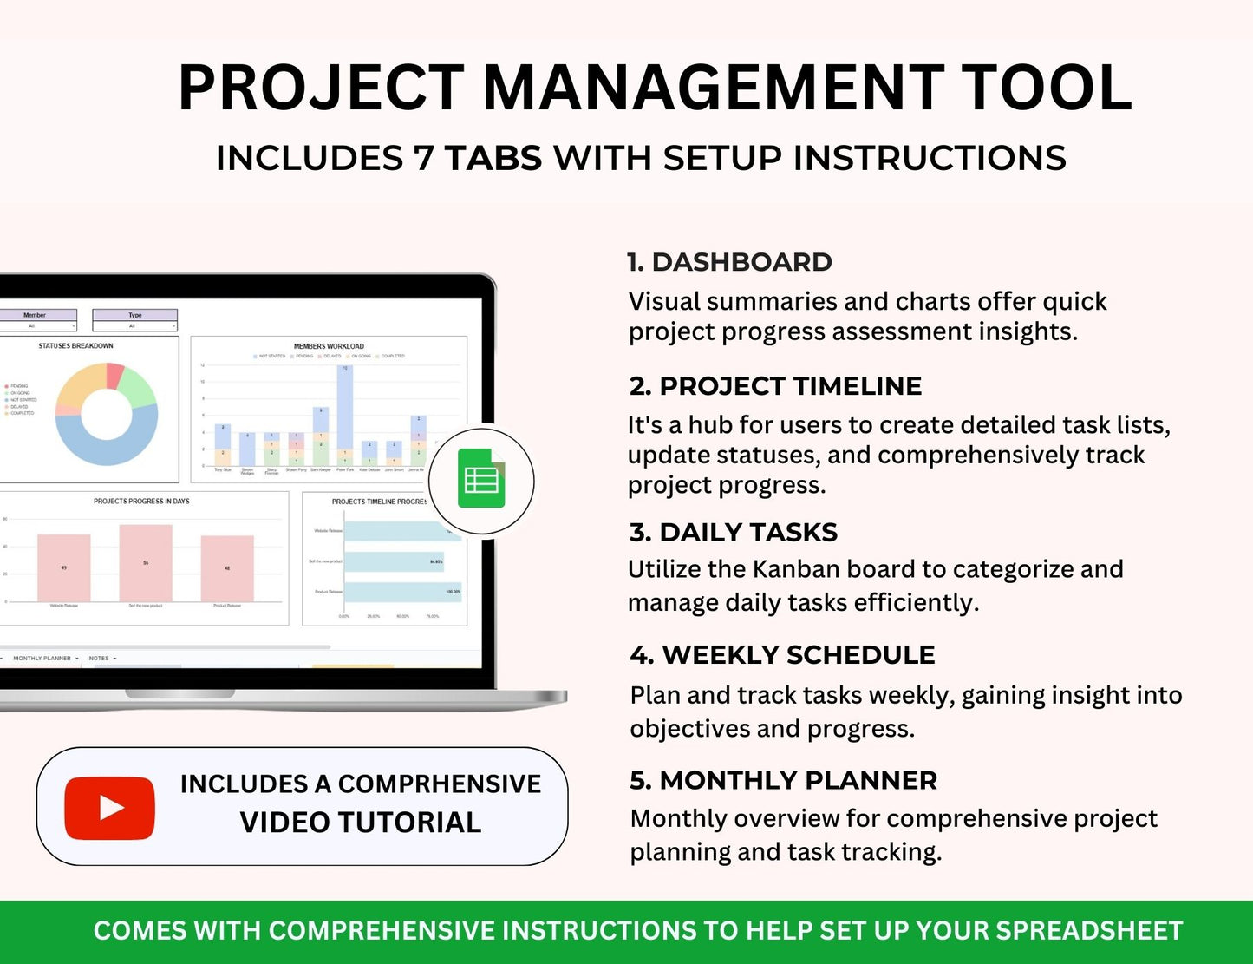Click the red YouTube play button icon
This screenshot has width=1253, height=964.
pos(109,808)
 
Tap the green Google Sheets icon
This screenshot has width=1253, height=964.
pos(481,478)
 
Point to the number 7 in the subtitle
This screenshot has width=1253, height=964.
pos(423,158)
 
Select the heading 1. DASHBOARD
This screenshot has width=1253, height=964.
pos(729,262)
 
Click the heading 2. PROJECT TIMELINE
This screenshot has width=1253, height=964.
pos(775,386)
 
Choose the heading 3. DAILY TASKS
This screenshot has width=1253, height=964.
pos(734,532)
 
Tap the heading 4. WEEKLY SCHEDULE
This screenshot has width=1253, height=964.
pos(783,655)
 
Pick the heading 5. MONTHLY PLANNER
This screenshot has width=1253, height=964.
pos(784,780)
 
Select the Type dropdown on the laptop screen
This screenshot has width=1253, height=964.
pos(134,325)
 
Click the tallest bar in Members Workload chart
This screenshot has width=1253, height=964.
pos(345,408)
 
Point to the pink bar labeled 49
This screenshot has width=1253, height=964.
pos(64,567)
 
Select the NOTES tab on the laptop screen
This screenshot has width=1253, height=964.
pos(100,659)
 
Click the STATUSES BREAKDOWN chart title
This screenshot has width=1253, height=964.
pos(75,346)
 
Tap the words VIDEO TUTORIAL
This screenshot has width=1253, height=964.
pos(360,823)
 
